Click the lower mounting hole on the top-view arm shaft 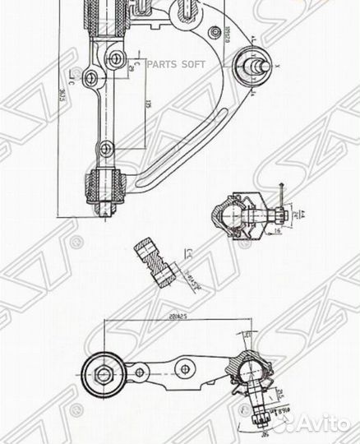105,148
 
